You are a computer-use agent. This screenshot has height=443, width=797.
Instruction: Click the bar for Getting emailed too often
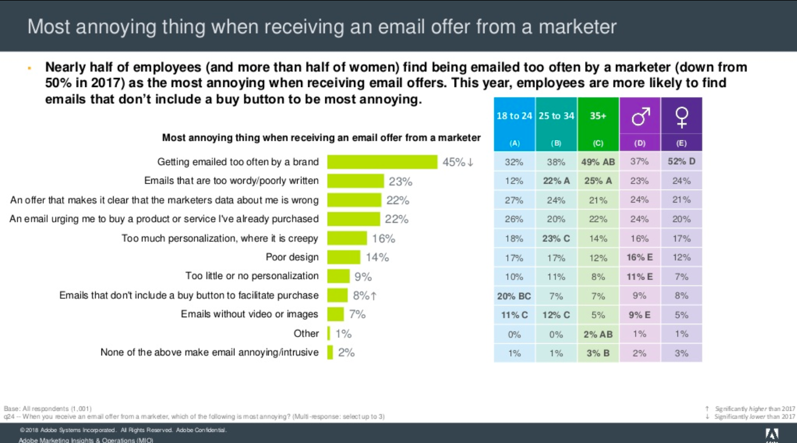point(382,162)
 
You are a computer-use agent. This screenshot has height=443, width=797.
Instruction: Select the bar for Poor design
point(344,257)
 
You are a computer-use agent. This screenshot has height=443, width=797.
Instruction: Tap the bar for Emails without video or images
point(335,314)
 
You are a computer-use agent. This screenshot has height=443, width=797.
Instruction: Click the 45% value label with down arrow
point(458,162)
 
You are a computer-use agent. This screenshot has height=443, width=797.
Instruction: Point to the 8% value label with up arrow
point(365,296)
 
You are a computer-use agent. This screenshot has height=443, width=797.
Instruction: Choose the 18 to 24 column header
point(514,116)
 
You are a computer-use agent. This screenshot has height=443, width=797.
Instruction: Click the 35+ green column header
point(597,116)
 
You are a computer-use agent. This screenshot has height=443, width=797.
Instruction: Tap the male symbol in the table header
point(640,115)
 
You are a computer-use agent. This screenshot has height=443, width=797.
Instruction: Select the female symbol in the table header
point(681,115)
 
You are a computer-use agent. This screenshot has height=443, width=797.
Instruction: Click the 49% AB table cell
point(597,162)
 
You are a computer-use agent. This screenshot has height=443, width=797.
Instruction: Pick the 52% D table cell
point(681,162)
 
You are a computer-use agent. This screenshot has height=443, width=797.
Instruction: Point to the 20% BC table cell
point(514,296)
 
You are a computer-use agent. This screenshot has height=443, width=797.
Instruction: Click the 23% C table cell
point(556,238)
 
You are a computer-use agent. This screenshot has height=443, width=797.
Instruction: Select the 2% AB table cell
point(597,334)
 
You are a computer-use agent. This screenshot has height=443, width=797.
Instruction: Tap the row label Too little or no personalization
point(252,276)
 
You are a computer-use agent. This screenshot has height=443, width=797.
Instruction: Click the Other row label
point(306,334)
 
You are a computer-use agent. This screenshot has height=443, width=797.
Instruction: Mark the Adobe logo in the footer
point(772,434)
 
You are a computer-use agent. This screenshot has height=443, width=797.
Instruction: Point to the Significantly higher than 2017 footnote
point(755,408)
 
